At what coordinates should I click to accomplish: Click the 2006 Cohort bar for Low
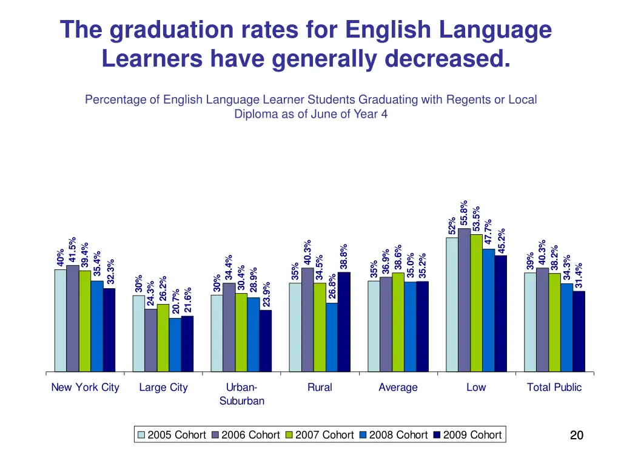click(x=464, y=300)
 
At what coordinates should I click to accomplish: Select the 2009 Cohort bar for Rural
click(x=344, y=322)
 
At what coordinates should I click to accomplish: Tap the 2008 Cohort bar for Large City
click(x=175, y=344)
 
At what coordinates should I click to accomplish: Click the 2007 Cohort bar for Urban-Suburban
click(x=241, y=332)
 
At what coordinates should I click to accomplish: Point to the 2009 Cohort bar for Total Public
click(x=579, y=331)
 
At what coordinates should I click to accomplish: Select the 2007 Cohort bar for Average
click(x=398, y=322)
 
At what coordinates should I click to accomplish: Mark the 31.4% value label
click(x=579, y=275)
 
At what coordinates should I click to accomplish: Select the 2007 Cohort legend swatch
click(x=289, y=435)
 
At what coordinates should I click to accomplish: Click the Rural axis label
click(x=320, y=387)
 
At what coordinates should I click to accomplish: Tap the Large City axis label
click(x=163, y=387)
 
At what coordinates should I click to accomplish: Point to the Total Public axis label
click(x=554, y=387)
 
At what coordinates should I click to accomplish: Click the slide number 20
click(x=577, y=434)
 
